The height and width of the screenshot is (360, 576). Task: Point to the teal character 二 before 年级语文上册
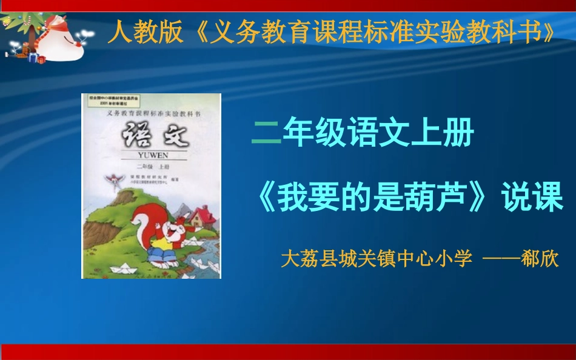pyautogui.click(x=266, y=133)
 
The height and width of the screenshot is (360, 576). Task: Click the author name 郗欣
pyautogui.click(x=540, y=259)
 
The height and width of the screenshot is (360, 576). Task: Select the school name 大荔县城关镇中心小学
pyautogui.click(x=377, y=259)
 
